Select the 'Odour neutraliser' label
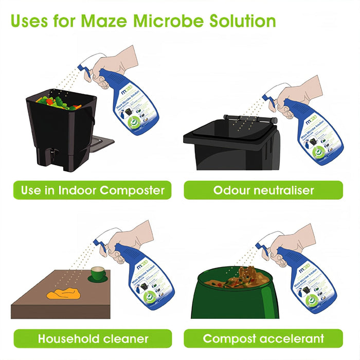263,190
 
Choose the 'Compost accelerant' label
263,338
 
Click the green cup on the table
98,273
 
